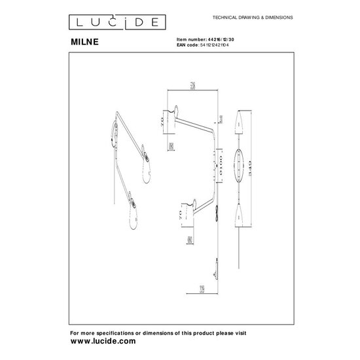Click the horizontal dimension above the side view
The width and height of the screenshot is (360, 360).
point(192,86)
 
